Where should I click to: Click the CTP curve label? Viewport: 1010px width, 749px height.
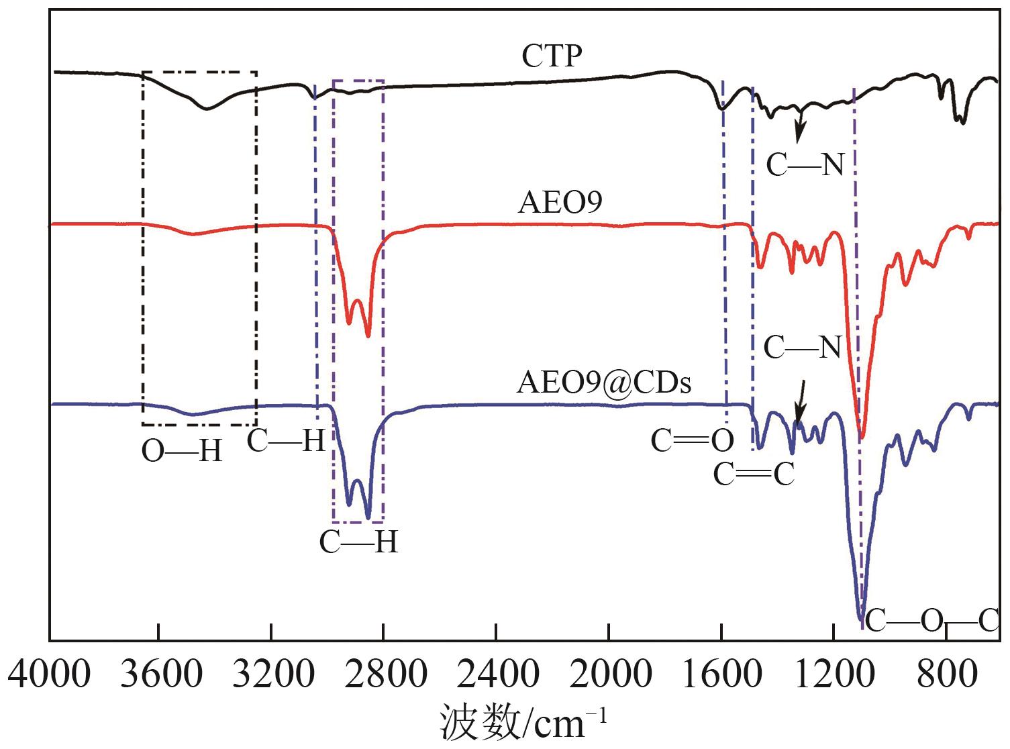(552, 56)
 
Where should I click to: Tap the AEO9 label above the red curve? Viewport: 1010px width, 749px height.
(560, 202)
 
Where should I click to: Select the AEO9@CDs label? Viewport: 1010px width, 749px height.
(604, 383)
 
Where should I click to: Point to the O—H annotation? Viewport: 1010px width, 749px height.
(181, 452)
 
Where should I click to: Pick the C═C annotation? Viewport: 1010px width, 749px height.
(754, 475)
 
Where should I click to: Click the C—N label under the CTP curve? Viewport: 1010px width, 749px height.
(805, 164)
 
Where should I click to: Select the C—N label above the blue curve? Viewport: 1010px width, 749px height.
(802, 348)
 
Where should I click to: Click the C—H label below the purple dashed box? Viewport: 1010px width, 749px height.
(358, 542)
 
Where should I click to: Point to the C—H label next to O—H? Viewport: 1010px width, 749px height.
(286, 441)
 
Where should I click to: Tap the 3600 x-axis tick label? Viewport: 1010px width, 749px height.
(159, 672)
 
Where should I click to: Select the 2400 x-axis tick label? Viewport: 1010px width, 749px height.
(497, 672)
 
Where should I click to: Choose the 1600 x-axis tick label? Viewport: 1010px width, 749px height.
(721, 672)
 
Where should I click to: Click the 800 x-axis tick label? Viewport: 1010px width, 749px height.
(946, 672)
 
